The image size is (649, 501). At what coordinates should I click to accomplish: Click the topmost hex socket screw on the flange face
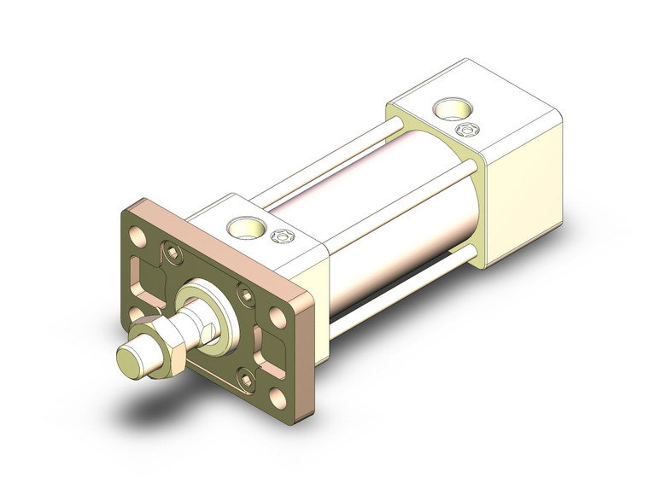[175, 253]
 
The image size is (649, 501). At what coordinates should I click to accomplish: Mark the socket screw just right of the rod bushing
[245, 295]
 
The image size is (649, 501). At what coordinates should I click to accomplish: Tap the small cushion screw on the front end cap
[278, 237]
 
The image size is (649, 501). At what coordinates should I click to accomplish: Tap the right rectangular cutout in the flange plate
[272, 350]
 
